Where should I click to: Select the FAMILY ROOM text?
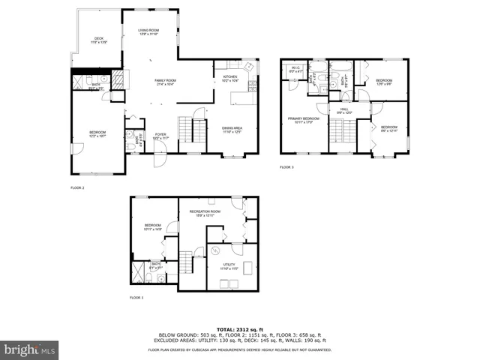click(165, 81)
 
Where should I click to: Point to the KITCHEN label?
click(229, 76)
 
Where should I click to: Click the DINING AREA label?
click(232, 129)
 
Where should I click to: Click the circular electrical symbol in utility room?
click(213, 250)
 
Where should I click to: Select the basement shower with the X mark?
click(137, 271)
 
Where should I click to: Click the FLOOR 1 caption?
click(136, 298)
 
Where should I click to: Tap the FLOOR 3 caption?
click(287, 167)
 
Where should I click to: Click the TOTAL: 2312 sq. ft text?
click(239, 329)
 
